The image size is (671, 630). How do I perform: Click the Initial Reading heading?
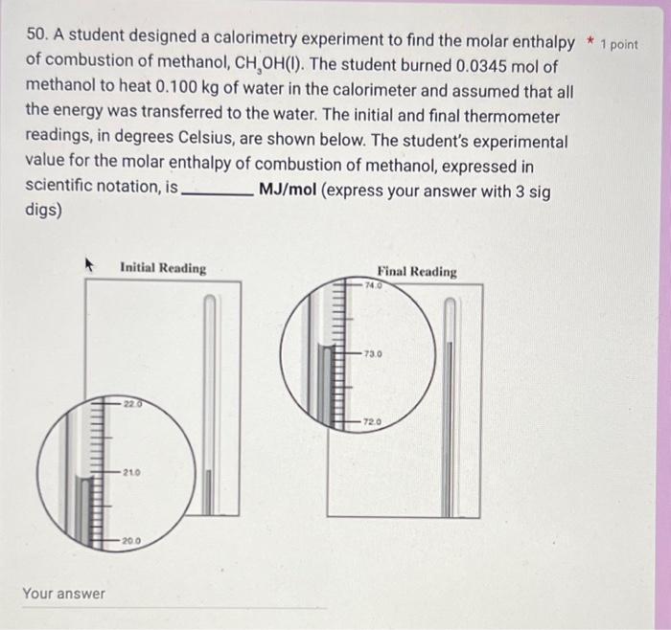click(163, 268)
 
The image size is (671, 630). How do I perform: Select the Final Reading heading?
click(417, 272)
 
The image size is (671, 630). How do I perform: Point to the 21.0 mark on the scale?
click(134, 473)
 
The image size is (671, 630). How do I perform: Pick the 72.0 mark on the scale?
click(372, 421)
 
